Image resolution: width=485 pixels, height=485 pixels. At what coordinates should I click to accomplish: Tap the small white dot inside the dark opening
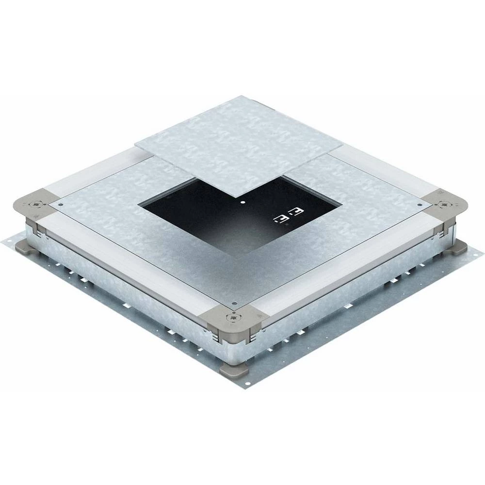tap(242, 200)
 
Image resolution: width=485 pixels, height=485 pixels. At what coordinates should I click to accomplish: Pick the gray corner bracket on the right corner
tap(443, 204)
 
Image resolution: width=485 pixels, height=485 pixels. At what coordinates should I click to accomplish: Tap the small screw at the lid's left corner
tap(60, 205)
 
